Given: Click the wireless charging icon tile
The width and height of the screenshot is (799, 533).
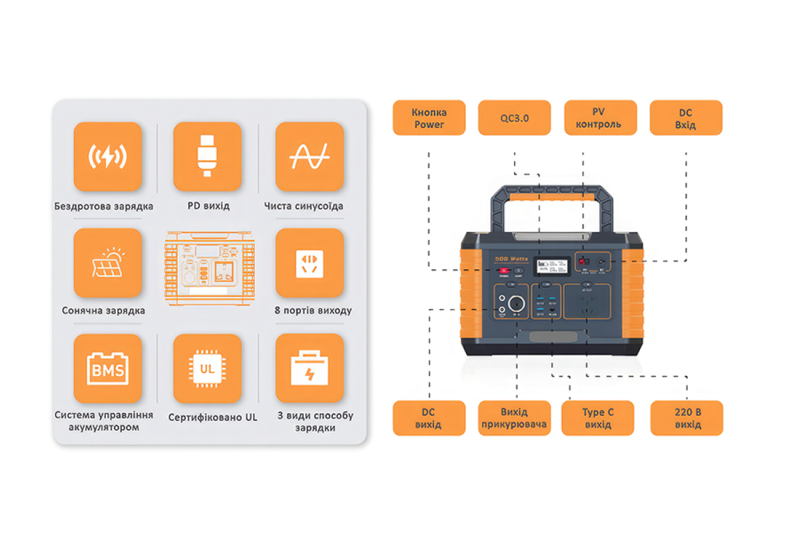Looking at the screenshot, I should (108, 157).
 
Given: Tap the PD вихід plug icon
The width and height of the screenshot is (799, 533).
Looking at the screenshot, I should (207, 157).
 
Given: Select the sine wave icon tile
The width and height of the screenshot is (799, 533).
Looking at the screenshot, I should (310, 157).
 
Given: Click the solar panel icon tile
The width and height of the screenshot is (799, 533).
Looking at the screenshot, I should (108, 263).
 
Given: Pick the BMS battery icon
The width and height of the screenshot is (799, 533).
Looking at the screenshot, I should (108, 368).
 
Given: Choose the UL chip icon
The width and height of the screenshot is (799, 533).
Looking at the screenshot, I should (207, 368).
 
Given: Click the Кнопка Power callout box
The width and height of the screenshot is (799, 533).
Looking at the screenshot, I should (429, 118).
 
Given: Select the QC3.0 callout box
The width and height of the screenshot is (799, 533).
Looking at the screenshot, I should (514, 118).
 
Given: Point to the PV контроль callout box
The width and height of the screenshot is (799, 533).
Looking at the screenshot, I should (601, 118).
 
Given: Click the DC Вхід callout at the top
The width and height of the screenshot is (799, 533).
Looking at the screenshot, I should (686, 118).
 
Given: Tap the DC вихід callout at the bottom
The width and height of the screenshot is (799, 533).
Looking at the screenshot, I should (429, 418).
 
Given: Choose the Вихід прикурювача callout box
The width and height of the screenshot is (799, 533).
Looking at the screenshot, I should (514, 418).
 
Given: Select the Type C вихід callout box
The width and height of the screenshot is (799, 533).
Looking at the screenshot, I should (598, 418).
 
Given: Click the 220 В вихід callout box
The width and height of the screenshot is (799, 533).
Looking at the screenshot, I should (687, 418).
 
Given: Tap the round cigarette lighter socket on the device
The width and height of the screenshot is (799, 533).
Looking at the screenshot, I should (516, 304).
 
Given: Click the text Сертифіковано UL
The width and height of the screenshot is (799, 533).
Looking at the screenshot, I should (212, 418).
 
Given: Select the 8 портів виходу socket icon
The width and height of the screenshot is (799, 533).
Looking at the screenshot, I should (310, 263).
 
